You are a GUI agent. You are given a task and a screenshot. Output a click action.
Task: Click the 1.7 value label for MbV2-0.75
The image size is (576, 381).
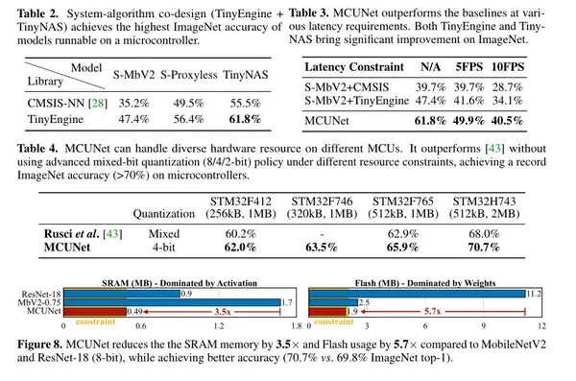pos(259,302)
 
